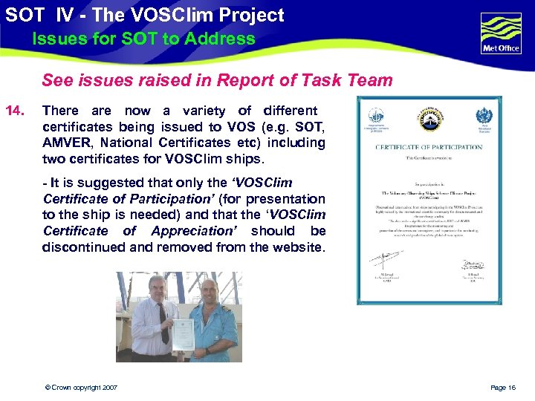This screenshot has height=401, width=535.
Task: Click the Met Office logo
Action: click(500, 33)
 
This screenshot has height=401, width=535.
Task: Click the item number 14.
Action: click(15, 111)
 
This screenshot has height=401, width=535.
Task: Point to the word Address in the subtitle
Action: click(223, 39)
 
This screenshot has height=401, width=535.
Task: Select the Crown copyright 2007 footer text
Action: click(80, 388)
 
